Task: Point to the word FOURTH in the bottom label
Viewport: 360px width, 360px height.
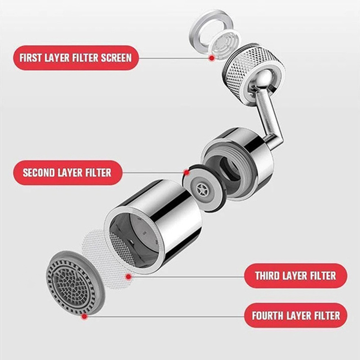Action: click(267, 316)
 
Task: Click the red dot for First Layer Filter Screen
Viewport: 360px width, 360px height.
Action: click(211, 58)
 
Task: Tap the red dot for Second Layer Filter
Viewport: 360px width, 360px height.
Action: click(187, 172)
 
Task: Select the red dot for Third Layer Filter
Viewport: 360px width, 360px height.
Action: click(129, 277)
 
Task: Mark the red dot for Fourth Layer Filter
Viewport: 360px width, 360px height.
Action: click(85, 317)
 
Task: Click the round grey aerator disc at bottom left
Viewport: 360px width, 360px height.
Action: click(75, 282)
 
